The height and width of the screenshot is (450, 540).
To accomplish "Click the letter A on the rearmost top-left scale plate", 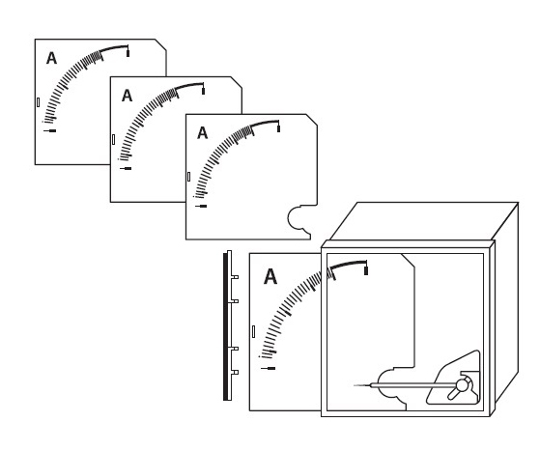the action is [51, 58].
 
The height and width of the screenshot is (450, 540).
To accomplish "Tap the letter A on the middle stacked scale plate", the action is [128, 96].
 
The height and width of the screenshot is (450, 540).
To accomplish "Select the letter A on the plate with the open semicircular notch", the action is [203, 133].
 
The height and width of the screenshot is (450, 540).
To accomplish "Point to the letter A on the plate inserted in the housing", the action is [270, 276].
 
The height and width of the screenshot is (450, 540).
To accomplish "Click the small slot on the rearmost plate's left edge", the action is [38, 102].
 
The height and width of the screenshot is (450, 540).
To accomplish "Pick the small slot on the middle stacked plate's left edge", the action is [113, 139].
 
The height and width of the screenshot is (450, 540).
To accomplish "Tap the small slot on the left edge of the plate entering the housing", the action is [254, 331].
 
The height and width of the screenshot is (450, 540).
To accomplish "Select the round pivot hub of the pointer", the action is [462, 385].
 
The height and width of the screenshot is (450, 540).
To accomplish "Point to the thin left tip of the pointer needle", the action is [355, 385].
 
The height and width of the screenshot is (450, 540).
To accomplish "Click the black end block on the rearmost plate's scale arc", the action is [128, 53].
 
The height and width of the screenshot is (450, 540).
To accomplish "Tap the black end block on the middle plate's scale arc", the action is [203, 91].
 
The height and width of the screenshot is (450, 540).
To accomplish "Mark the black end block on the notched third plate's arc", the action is [278, 128].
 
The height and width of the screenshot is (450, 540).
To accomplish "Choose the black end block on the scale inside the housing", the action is [366, 271].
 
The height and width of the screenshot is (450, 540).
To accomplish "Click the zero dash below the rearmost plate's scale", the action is [50, 130].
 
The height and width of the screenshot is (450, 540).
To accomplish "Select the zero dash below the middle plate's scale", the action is [126, 168].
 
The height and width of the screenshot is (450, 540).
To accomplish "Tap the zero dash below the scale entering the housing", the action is [269, 368].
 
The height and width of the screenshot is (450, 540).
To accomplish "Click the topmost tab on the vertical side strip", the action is [235, 277].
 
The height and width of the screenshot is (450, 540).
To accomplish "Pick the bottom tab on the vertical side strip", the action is [235, 372].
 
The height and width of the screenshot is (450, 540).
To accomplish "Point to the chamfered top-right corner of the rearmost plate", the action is [160, 44].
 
